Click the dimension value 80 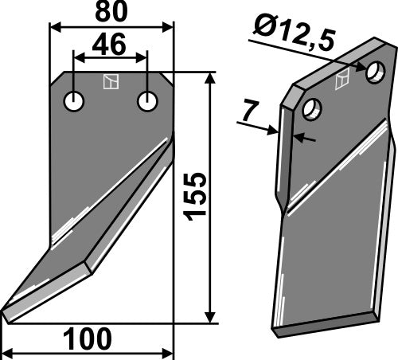111,14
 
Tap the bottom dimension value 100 87,339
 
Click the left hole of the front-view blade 74,102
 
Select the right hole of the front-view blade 147,102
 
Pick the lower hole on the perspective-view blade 312,109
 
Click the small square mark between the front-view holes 111,81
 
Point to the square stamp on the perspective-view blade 343,78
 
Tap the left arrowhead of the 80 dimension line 54,26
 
